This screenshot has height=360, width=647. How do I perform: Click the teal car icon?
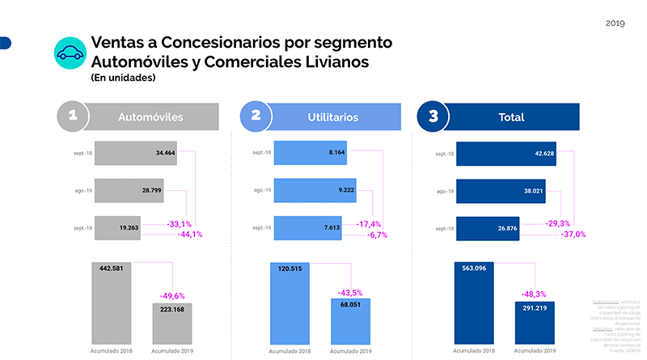[70, 53]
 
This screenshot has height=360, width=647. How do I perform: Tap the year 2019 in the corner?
[615, 23]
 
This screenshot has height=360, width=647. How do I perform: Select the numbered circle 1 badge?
[73, 116]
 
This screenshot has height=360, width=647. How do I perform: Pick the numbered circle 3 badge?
[433, 116]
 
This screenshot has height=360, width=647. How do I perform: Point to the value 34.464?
[164, 152]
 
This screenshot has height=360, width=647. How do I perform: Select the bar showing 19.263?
[117, 228]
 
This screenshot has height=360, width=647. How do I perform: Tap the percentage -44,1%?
[190, 235]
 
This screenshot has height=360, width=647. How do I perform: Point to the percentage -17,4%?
[368, 224]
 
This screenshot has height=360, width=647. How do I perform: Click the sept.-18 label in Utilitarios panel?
[261, 153]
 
